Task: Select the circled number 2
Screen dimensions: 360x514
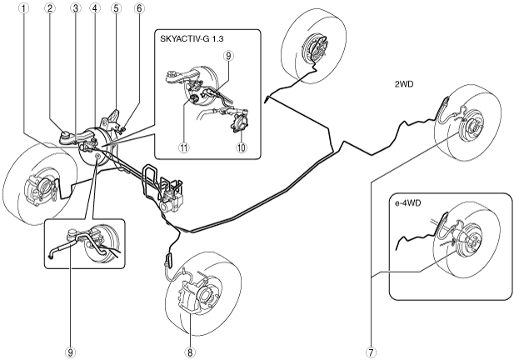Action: [x=51, y=9]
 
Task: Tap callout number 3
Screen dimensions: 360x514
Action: [x=75, y=9]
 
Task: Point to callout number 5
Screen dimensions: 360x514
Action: [x=116, y=9]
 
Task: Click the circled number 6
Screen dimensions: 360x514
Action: [x=139, y=9]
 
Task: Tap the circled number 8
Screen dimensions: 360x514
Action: [x=191, y=351]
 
